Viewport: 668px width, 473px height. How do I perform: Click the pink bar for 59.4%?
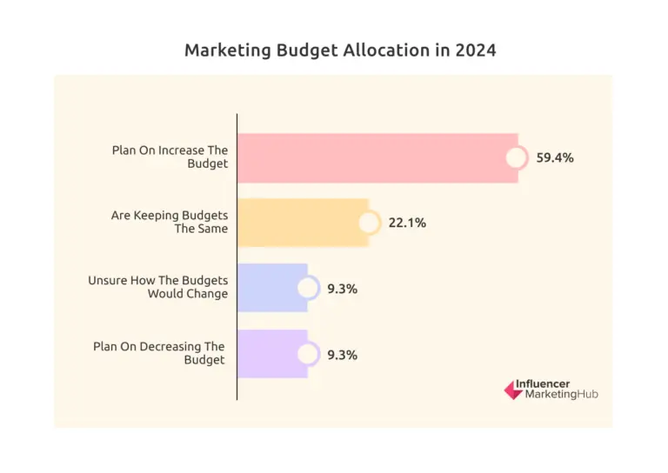click(374, 157)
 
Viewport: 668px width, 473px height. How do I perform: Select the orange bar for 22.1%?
click(300, 223)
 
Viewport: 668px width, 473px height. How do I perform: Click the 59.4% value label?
click(555, 158)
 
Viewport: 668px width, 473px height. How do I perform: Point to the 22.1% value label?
click(407, 223)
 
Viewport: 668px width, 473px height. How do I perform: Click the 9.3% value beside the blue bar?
click(343, 289)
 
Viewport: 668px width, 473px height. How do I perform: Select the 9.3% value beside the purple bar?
click(343, 355)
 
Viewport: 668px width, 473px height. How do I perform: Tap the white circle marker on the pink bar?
click(517, 158)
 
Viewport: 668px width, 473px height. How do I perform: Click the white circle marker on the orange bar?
click(369, 223)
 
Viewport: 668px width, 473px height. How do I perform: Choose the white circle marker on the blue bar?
click(307, 289)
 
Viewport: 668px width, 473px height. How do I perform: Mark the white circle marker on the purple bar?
click(307, 354)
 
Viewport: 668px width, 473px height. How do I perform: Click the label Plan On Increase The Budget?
click(170, 157)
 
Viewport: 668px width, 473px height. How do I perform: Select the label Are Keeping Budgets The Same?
click(170, 222)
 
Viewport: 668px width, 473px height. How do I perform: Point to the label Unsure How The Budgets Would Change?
click(158, 287)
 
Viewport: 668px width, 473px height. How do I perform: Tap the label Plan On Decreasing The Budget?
click(161, 353)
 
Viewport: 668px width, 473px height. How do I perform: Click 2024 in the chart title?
click(475, 50)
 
